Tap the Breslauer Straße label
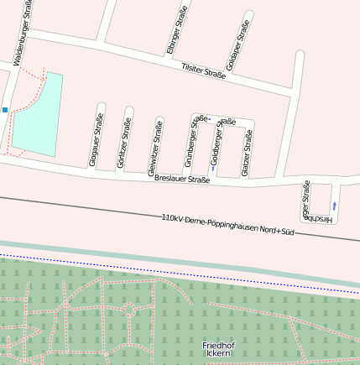click(182, 180)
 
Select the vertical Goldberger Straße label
click(217, 143)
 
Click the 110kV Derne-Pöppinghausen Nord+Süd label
click(228, 223)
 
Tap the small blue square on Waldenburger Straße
click(4, 110)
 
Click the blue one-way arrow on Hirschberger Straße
click(335, 205)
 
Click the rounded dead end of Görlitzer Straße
click(128, 109)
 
